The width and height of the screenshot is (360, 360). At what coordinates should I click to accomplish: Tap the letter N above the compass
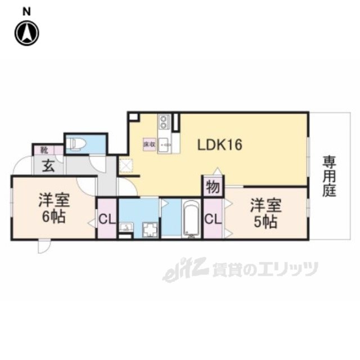point(26,11)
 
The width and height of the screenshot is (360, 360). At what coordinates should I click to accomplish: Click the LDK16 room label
point(219,145)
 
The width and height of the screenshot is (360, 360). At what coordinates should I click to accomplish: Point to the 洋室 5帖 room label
point(264,213)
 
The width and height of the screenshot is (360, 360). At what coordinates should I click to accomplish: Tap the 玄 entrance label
point(48,167)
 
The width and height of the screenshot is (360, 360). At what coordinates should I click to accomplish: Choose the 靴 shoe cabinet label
point(43,150)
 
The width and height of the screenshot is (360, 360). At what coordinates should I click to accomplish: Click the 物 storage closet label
point(213,186)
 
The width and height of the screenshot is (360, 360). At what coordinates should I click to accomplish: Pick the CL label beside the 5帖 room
point(212,218)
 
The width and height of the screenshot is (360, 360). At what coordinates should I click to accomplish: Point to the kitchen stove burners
point(164,121)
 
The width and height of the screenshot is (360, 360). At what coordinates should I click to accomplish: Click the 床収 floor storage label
point(148,145)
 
